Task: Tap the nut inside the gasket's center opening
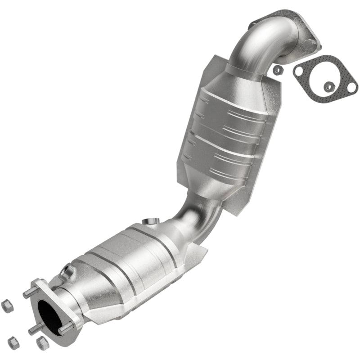pos(330,85)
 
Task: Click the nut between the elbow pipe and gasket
pos(278,70)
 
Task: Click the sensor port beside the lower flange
pos(68,270)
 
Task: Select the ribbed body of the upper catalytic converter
pos(225,130)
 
